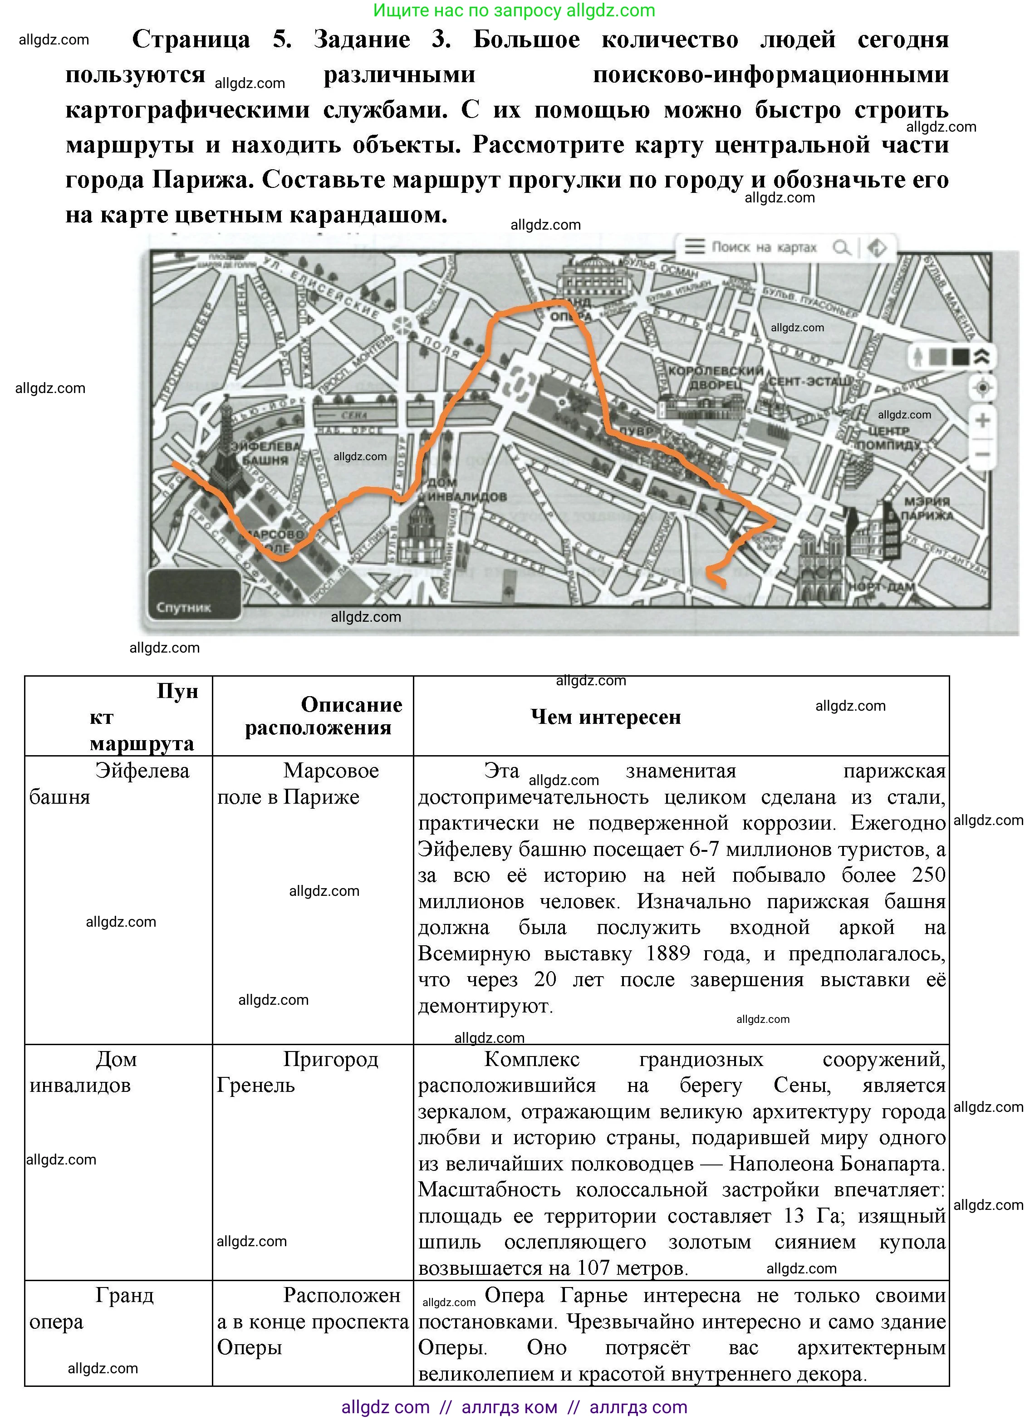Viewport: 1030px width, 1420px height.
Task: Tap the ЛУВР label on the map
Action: point(636,432)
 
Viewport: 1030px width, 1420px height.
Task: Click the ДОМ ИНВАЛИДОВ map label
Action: point(466,490)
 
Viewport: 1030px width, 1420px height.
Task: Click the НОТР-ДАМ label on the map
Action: point(882,587)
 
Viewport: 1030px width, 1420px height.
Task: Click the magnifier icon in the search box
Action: point(841,247)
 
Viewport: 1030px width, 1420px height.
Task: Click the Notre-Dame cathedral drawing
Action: point(821,564)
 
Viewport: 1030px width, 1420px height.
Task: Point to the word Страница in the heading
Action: point(191,39)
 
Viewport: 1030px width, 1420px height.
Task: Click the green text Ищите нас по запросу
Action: point(468,10)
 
